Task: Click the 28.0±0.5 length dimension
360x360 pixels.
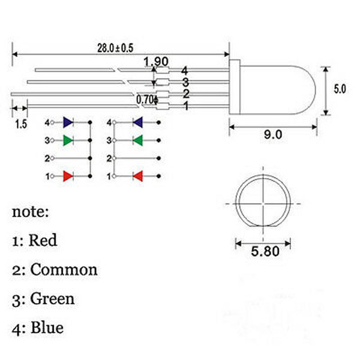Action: point(115,48)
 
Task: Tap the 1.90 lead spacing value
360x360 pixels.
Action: point(156,62)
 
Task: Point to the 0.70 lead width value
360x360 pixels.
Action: point(145,100)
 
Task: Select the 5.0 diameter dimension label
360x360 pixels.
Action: point(340,89)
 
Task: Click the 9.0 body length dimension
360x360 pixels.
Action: point(273,134)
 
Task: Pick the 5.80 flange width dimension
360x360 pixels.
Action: point(265,251)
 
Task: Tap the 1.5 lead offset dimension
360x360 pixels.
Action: point(21,124)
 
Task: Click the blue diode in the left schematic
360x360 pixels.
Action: point(68,122)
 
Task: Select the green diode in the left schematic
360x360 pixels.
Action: point(68,140)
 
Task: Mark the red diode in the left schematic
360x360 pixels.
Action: point(68,176)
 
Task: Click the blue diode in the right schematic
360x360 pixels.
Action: point(138,122)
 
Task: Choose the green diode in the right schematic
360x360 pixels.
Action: point(138,140)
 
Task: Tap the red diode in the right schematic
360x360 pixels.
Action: point(138,176)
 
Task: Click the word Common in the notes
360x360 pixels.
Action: point(64,269)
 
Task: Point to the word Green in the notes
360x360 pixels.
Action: point(53,298)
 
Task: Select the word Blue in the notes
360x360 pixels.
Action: point(47,328)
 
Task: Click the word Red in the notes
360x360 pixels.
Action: point(43,240)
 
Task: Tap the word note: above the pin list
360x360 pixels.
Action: point(31,212)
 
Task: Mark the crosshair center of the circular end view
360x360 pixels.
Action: point(263,203)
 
